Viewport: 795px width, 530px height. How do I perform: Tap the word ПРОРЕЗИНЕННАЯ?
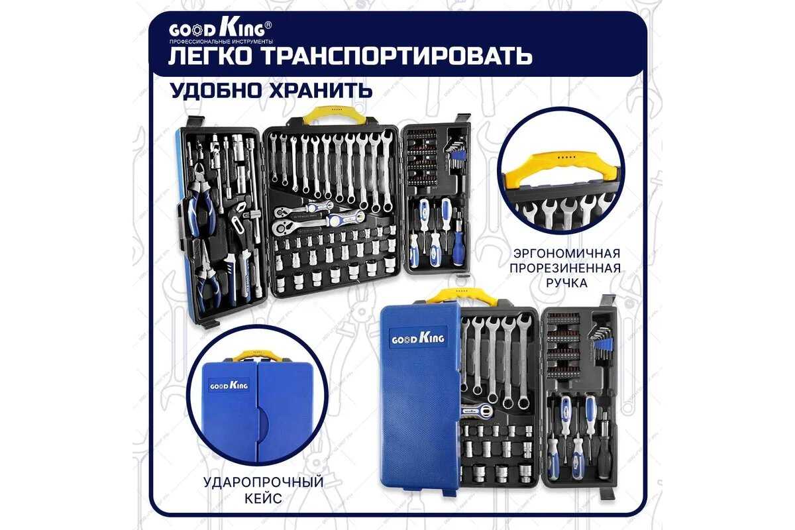click(x=565, y=268)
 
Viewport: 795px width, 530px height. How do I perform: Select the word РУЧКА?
click(x=566, y=283)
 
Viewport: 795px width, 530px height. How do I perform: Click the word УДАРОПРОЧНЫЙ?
click(x=264, y=482)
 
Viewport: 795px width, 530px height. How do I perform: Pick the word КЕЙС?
click(x=264, y=498)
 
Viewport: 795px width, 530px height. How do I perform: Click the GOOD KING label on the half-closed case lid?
click(x=418, y=339)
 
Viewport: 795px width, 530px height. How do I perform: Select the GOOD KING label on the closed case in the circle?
click(x=229, y=385)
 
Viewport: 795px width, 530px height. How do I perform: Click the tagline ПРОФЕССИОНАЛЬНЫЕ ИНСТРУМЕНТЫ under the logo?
click(x=221, y=42)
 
